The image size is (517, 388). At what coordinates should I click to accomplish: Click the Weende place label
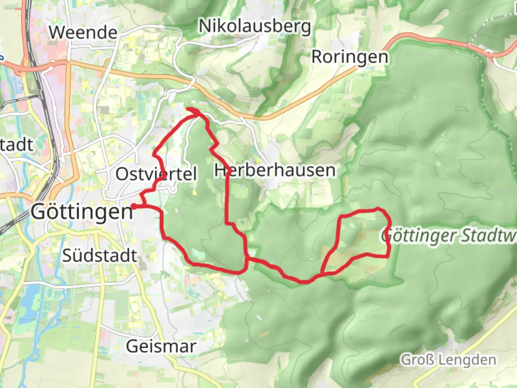click(83, 33)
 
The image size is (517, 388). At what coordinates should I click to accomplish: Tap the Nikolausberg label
click(255, 27)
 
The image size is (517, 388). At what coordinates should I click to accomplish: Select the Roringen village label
click(350, 57)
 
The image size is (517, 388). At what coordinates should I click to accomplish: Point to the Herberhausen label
click(275, 170)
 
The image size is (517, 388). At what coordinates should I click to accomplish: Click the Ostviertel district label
click(156, 174)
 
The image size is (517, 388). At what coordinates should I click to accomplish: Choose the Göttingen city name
click(82, 212)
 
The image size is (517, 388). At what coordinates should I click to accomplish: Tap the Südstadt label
click(100, 255)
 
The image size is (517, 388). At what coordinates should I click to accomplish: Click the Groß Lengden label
click(449, 360)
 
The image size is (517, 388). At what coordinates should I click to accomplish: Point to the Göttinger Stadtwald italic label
click(449, 236)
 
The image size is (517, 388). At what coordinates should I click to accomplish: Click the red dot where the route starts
click(134, 206)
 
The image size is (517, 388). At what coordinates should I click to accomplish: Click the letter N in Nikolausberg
click(206, 26)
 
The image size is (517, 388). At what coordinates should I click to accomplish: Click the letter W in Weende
click(57, 33)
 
